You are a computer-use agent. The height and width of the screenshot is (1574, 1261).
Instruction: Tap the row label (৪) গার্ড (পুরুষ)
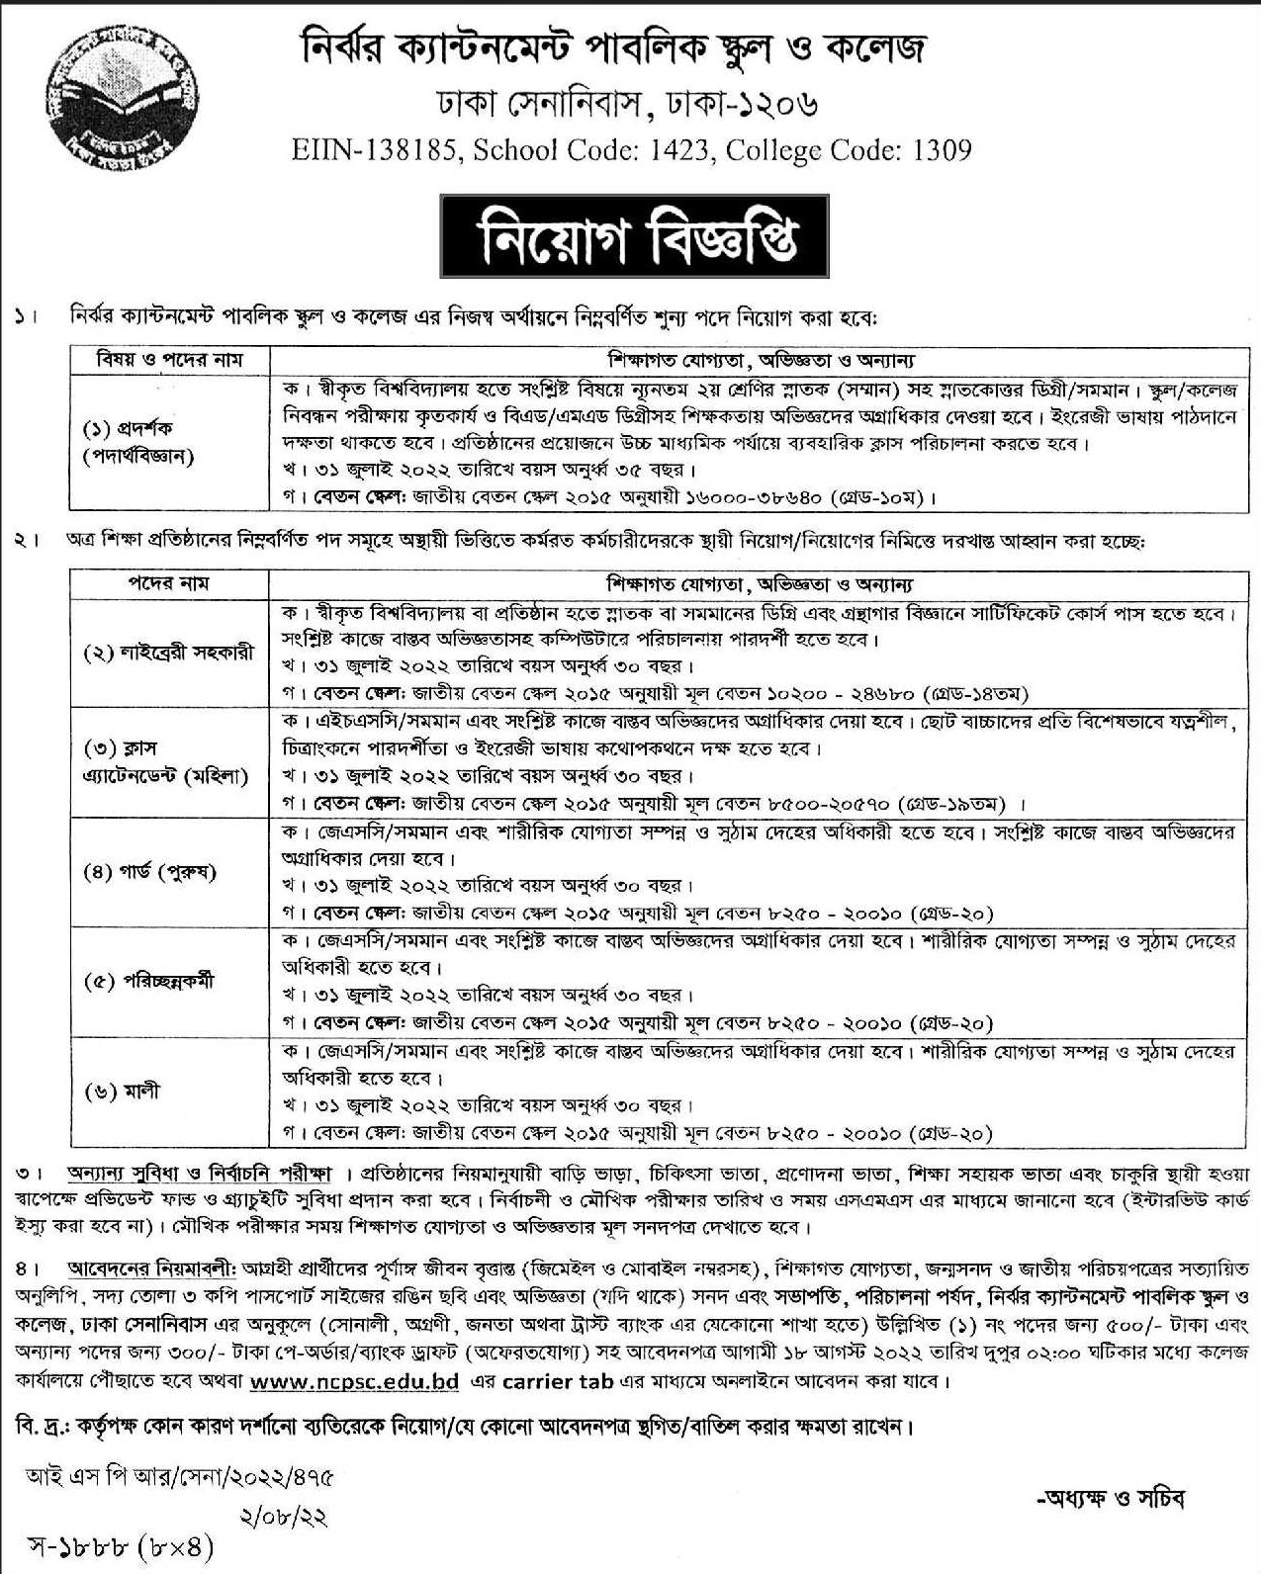[x=149, y=872]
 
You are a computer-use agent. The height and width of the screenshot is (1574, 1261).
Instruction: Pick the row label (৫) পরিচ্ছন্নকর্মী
[x=148, y=982]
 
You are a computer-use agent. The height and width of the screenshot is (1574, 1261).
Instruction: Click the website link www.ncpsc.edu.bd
[x=355, y=1381]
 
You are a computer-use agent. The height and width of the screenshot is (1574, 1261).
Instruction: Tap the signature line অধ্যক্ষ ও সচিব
[x=1109, y=1498]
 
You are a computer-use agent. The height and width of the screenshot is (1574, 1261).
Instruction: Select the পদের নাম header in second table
[x=169, y=583]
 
